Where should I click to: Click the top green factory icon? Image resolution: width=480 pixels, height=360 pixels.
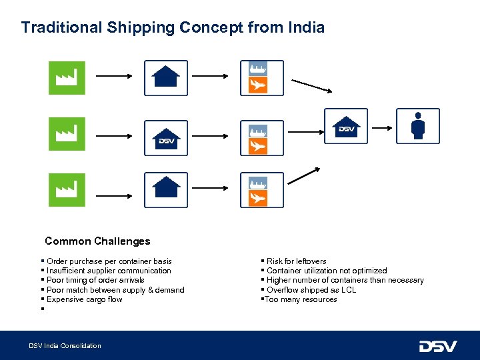(67, 78)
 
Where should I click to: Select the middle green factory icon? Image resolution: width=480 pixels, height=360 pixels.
(67, 134)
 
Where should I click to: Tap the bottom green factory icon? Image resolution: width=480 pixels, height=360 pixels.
(67, 190)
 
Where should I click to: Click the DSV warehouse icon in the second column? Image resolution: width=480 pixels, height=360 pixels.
(166, 138)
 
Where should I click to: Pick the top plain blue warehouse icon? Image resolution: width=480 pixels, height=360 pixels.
(166, 77)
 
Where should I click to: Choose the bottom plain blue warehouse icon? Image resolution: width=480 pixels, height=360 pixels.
(166, 189)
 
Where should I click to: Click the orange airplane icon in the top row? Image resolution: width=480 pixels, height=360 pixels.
(258, 85)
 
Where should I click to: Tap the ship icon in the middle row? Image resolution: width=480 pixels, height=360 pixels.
(258, 131)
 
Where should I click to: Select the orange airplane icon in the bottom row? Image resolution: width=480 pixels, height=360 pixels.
(258, 198)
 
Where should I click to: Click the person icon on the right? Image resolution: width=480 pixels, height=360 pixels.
(418, 126)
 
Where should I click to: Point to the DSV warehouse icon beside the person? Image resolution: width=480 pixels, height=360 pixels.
(346, 126)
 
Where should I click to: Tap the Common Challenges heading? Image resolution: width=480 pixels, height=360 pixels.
(97, 241)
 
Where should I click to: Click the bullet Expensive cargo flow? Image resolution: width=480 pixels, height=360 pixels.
(75, 299)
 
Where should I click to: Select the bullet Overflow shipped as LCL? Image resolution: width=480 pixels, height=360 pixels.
(311, 290)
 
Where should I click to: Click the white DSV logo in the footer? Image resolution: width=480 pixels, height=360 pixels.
(437, 346)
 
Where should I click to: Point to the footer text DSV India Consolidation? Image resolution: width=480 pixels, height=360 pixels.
(65, 345)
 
